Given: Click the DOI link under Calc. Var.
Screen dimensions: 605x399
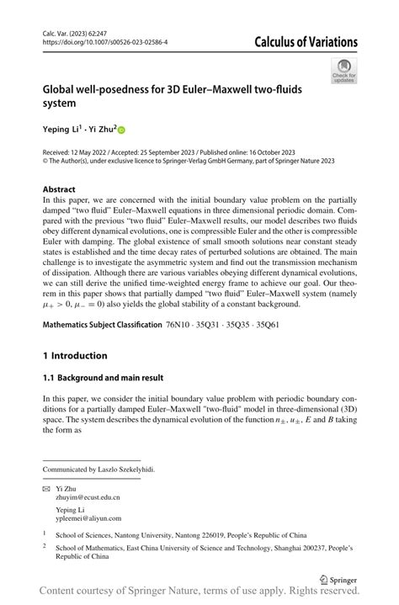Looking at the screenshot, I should point(104,41).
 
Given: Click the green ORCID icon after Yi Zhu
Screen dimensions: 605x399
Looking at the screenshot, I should point(120,130).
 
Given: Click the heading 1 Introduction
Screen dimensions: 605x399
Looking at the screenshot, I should point(75,356).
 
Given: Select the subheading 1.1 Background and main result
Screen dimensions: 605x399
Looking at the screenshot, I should point(103,378).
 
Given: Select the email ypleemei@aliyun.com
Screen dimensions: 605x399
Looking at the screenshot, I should point(88,518).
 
